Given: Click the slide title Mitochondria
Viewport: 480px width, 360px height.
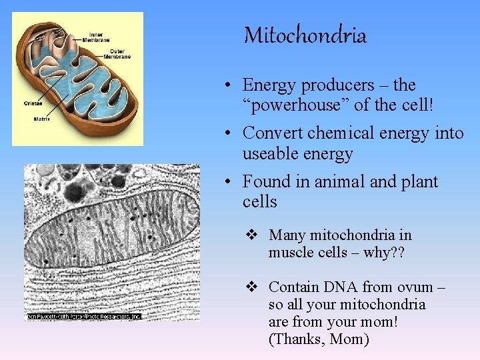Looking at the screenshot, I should (x=305, y=35).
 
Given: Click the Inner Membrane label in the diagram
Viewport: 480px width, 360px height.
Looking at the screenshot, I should (x=101, y=37).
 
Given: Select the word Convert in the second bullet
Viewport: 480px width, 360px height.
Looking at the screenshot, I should (x=271, y=133).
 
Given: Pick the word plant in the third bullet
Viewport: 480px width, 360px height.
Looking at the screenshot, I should (x=419, y=181).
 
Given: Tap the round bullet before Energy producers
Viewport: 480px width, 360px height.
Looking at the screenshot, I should (x=228, y=86).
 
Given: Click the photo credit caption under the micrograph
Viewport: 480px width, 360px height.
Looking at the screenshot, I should (x=84, y=316).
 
